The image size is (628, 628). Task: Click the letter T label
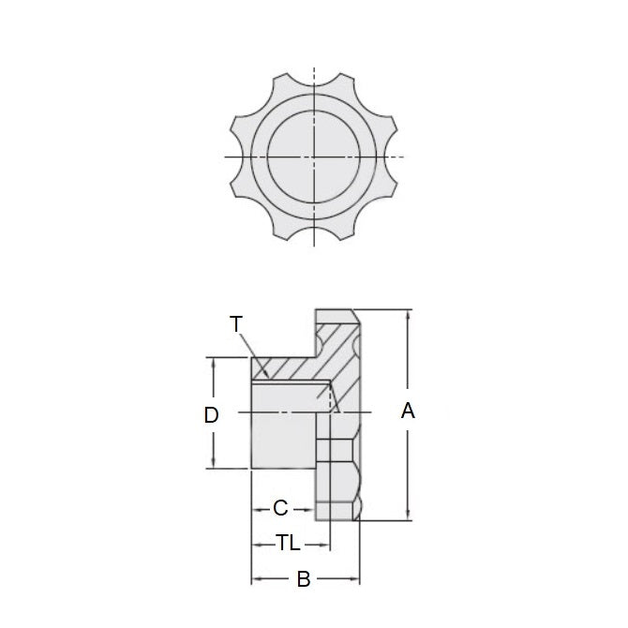[x=236, y=324]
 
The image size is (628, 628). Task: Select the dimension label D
[x=212, y=413]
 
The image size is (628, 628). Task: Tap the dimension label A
[x=408, y=411]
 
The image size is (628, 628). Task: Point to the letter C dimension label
[x=280, y=509]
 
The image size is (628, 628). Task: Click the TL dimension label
[x=289, y=544]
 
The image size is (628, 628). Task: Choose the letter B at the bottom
[x=304, y=579]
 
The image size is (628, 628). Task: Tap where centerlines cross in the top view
[x=315, y=156]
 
